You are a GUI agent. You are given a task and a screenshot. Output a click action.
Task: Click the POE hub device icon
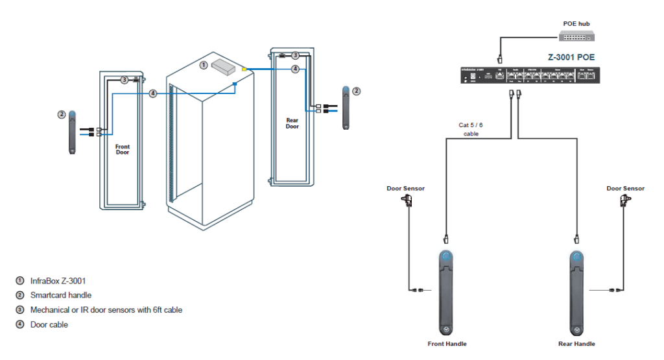coord(576,36)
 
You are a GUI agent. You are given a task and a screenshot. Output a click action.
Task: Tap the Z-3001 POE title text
coord(571,57)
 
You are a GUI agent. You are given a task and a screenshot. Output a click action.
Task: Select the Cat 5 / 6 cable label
coord(471,130)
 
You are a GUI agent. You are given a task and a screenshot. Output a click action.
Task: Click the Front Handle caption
coord(447,344)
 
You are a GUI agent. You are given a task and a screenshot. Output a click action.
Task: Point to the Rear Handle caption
coord(576,344)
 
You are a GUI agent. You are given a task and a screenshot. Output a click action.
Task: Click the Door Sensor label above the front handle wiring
coord(405,188)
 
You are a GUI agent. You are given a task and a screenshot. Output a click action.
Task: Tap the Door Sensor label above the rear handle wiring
coord(625,188)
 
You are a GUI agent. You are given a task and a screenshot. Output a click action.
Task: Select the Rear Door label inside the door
coord(292,123)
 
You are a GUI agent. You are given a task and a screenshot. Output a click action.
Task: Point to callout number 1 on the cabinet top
coord(203,65)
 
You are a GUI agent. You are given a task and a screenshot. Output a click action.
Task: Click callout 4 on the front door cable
coord(153,93)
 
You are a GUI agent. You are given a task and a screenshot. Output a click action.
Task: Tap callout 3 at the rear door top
coord(295,56)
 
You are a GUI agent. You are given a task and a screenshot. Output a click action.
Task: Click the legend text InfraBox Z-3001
coord(58,281)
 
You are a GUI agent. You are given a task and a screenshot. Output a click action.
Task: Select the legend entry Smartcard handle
coord(61,295)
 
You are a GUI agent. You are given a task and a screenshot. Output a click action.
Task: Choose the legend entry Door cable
coord(49,324)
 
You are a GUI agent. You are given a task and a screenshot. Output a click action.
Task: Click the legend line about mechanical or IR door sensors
coord(106,310)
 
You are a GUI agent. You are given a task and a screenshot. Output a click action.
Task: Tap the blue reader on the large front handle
coord(445,257)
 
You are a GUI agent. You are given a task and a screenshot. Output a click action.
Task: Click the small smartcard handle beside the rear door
coord(348,107)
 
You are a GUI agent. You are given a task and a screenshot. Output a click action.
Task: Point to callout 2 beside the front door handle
coord(61,114)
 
